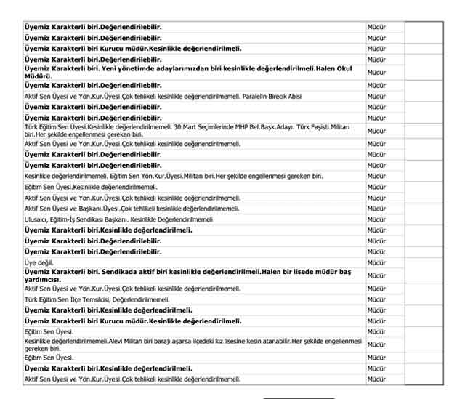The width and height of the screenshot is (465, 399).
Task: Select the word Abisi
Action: tap(301, 96)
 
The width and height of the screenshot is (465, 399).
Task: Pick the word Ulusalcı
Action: tap(36, 219)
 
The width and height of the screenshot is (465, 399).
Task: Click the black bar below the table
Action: tap(299, 398)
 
